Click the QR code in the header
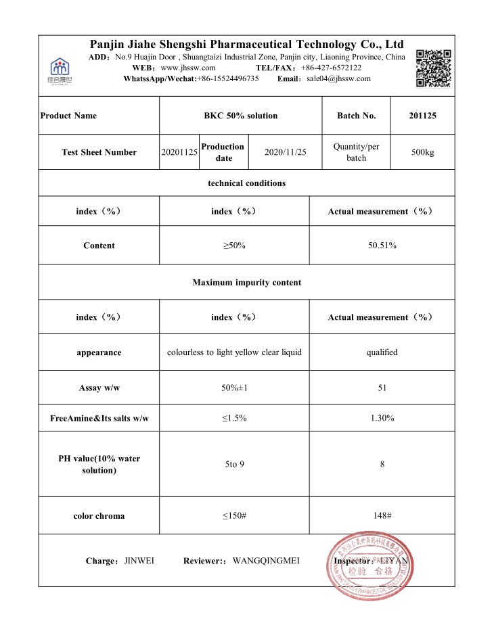(432, 68)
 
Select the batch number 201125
(422, 116)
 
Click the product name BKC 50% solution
(240, 116)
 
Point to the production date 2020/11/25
(284, 152)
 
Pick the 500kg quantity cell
(422, 152)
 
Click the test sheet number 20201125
(179, 152)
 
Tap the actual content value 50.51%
(382, 246)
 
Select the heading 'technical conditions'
(246, 183)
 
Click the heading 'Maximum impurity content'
(246, 282)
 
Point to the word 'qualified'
(382, 352)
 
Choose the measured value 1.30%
(382, 419)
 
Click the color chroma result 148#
(382, 516)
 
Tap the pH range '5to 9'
(234, 465)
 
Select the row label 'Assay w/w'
(99, 388)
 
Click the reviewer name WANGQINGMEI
(266, 561)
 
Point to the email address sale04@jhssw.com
(338, 78)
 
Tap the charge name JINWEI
(139, 561)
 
